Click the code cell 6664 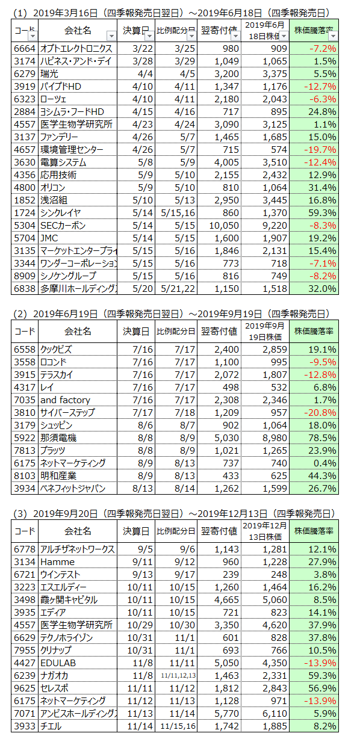pos(25,49)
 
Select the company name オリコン pos(53,188)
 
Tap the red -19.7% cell pos(320,150)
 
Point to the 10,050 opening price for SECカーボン pos(224,226)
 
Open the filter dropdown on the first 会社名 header pos(112,36)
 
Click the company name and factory pos(65,400)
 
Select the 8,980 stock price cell pos(275,438)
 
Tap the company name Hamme pos(57,562)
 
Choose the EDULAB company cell pos(58,663)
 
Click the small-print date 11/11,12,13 pos(178,676)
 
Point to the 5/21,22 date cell pos(178,289)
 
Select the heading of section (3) pos(174,513)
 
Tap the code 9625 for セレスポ pos(25,688)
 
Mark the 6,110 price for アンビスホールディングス pos(275,714)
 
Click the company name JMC pos(49,238)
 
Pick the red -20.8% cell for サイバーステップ pos(320,413)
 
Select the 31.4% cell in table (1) pos(322,188)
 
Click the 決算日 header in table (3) pos(136,531)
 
